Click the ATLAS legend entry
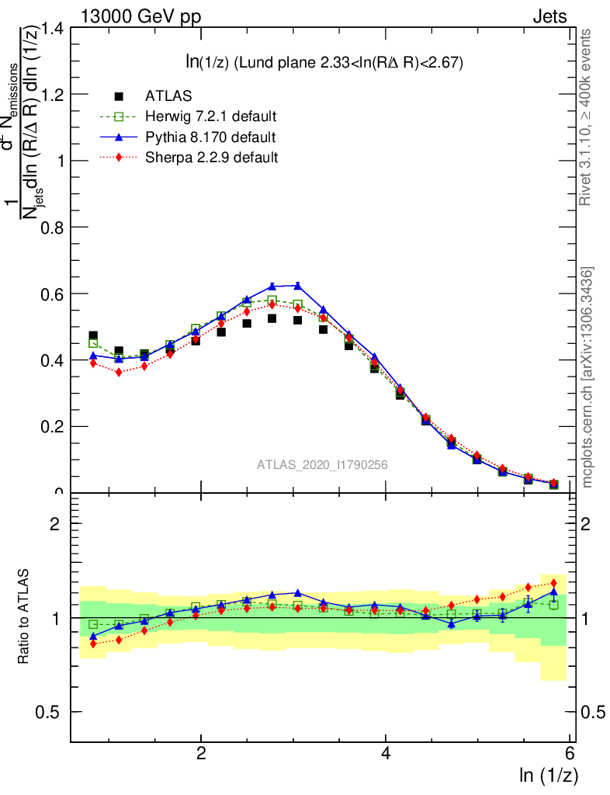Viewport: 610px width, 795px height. (x=168, y=96)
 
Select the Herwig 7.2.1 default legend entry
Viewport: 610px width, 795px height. (x=210, y=116)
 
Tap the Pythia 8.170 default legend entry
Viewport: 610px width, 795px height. (x=210, y=137)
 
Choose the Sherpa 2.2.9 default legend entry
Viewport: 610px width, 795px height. (x=211, y=158)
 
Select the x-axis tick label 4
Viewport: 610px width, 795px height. (x=386, y=754)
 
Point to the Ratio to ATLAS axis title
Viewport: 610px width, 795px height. (x=23, y=617)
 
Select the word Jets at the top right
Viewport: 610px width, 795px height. (x=549, y=16)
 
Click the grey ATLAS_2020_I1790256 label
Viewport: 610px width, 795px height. (x=322, y=465)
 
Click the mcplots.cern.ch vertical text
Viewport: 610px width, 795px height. (x=587, y=377)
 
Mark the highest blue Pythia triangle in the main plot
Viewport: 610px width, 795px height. (x=298, y=286)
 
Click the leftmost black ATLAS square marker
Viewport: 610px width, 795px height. (x=93, y=336)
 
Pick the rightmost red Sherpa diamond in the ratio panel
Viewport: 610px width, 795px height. (x=553, y=583)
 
